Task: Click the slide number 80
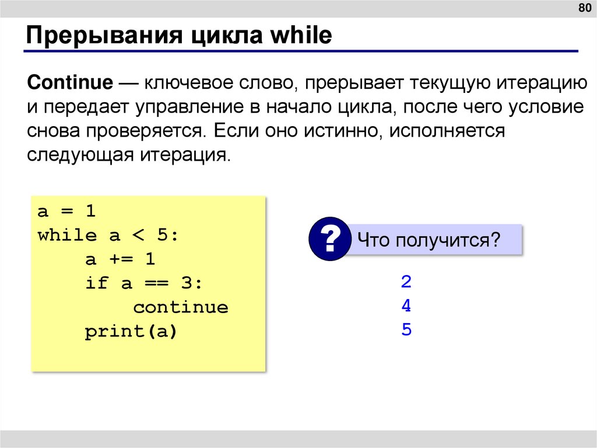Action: pos(584,8)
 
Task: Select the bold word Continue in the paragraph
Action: pos(70,82)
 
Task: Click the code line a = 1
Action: pos(66,211)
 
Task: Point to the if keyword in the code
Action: pos(96,283)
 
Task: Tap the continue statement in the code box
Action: pos(180,307)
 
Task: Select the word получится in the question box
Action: pos(448,239)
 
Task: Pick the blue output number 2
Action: pos(406,283)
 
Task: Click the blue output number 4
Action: pos(406,306)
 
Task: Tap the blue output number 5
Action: pos(406,330)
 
